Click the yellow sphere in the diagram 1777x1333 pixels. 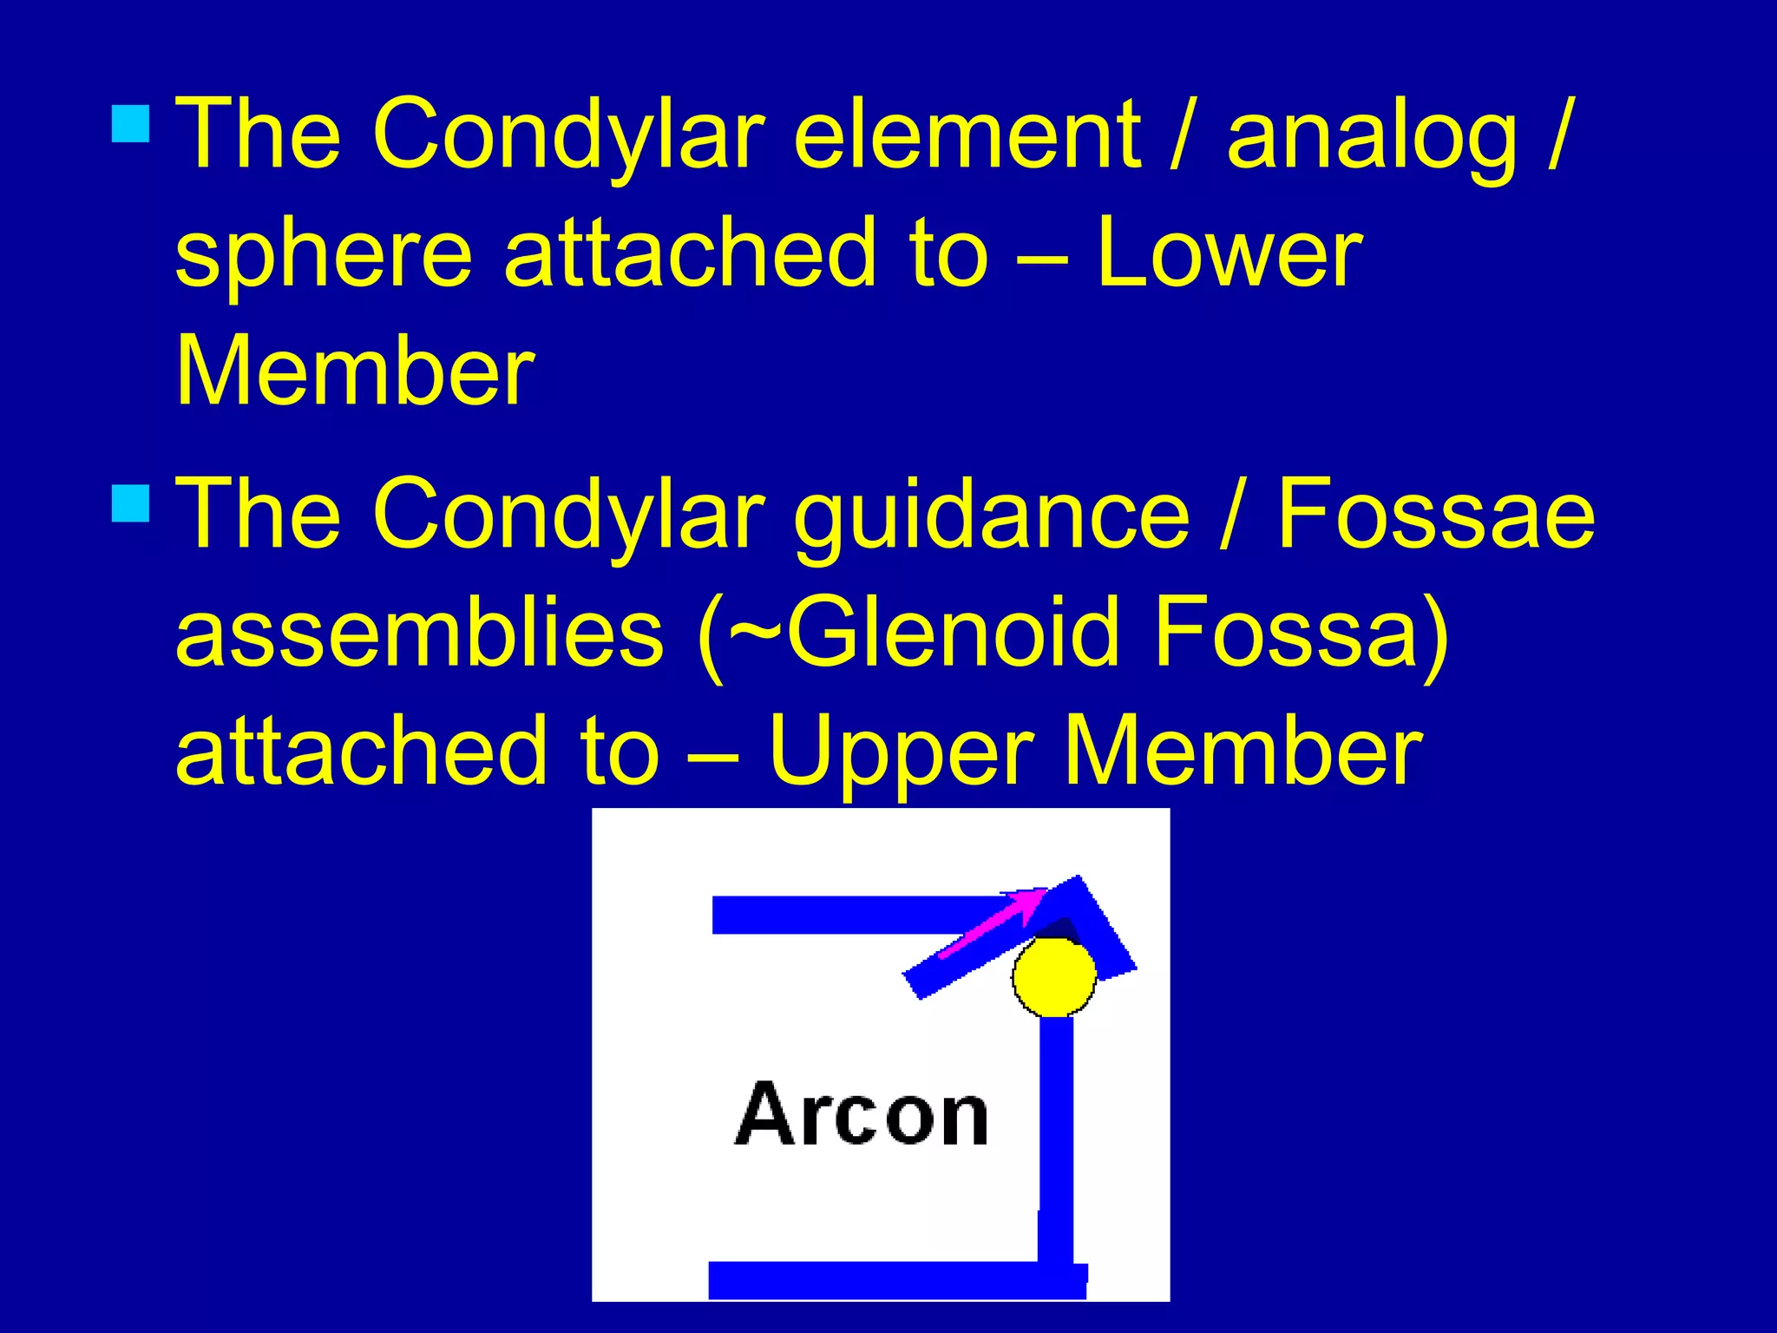point(1053,976)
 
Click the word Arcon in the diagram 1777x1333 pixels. point(861,1115)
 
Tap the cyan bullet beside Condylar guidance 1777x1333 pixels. point(131,503)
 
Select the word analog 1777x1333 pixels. point(1372,139)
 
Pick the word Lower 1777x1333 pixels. point(1228,253)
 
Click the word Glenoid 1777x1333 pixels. point(950,634)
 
